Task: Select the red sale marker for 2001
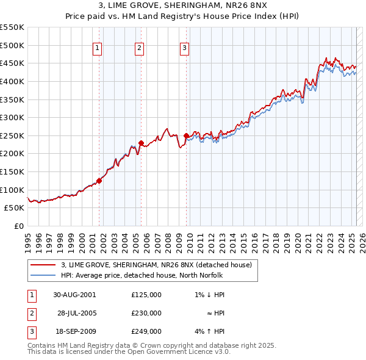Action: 99,181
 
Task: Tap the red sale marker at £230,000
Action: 141,143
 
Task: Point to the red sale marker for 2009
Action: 185,135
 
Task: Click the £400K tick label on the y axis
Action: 12,81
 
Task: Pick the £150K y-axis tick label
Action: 12,171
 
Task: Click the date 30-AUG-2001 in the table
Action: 74,295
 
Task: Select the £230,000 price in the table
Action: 146,313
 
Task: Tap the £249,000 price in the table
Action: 146,331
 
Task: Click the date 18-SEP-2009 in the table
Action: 74,331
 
